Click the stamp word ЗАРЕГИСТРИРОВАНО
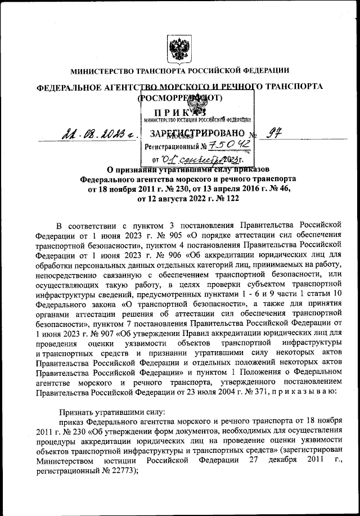196,133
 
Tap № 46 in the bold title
277,189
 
